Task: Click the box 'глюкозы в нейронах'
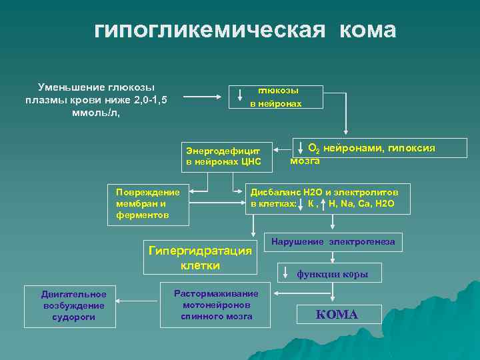coord(276,97)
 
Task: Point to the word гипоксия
coord(407,147)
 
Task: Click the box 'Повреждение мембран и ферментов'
coord(148,201)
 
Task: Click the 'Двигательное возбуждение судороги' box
coord(73,305)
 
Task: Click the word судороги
coord(73,317)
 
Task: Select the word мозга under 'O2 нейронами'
coord(305,161)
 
